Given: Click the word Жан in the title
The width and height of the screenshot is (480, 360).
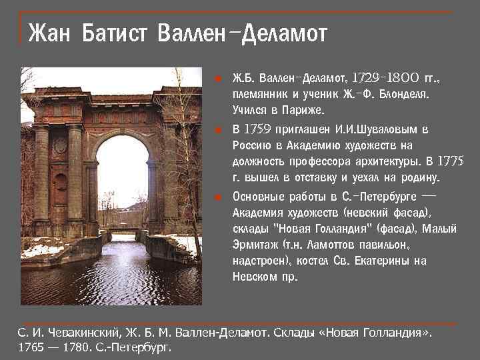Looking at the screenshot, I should (x=49, y=32).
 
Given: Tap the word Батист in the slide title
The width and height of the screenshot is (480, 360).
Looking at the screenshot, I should (x=115, y=32).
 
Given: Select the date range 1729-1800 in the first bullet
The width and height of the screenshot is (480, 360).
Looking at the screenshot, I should (x=385, y=79).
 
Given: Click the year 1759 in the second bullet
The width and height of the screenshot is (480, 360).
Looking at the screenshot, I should (x=258, y=129).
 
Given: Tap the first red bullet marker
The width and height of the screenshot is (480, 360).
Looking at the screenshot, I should (x=217, y=79).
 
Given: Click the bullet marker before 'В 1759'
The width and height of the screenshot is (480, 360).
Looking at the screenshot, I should (x=217, y=129).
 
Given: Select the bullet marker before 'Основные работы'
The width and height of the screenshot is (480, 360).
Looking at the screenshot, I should (x=217, y=197).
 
